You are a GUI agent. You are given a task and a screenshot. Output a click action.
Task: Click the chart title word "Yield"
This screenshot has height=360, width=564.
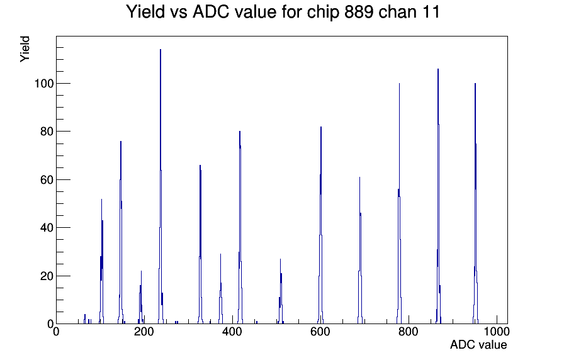click(145, 11)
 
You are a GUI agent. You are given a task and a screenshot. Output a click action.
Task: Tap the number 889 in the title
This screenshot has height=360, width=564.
click(359, 11)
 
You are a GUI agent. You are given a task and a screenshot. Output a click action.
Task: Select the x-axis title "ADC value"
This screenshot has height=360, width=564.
click(478, 344)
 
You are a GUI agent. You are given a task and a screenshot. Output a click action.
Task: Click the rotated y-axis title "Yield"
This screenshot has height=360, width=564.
click(25, 49)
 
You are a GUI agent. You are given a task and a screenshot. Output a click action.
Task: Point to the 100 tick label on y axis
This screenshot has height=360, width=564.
click(43, 84)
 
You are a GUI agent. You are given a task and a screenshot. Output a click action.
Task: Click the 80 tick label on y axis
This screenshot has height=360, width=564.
click(47, 132)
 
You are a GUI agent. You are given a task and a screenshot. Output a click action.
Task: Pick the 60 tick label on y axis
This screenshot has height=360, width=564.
click(47, 180)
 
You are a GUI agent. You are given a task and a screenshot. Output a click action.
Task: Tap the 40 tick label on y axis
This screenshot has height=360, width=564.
click(47, 228)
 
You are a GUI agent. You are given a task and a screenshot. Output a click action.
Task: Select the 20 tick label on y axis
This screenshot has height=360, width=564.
click(47, 276)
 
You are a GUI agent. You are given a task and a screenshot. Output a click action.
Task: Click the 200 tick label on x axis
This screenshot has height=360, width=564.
click(144, 332)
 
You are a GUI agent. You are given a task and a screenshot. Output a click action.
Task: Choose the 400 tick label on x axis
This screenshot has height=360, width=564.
click(232, 332)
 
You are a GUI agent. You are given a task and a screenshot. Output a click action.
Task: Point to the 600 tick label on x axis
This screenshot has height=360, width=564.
click(320, 332)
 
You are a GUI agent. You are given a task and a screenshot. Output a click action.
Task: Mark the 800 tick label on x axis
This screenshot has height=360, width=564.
click(409, 332)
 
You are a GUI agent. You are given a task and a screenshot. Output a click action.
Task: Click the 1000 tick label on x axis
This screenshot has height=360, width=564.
click(497, 332)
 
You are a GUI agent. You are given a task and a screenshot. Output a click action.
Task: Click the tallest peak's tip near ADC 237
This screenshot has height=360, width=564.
click(161, 50)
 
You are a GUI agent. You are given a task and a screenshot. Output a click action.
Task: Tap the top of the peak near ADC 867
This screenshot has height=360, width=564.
click(438, 69)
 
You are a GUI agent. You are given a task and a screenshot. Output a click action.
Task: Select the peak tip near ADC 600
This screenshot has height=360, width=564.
click(321, 127)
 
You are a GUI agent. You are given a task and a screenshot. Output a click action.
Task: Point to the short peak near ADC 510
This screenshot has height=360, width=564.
click(280, 259)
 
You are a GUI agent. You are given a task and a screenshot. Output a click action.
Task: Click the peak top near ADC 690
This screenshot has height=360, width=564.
click(359, 177)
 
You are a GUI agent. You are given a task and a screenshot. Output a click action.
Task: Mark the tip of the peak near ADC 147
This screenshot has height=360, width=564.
click(121, 142)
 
